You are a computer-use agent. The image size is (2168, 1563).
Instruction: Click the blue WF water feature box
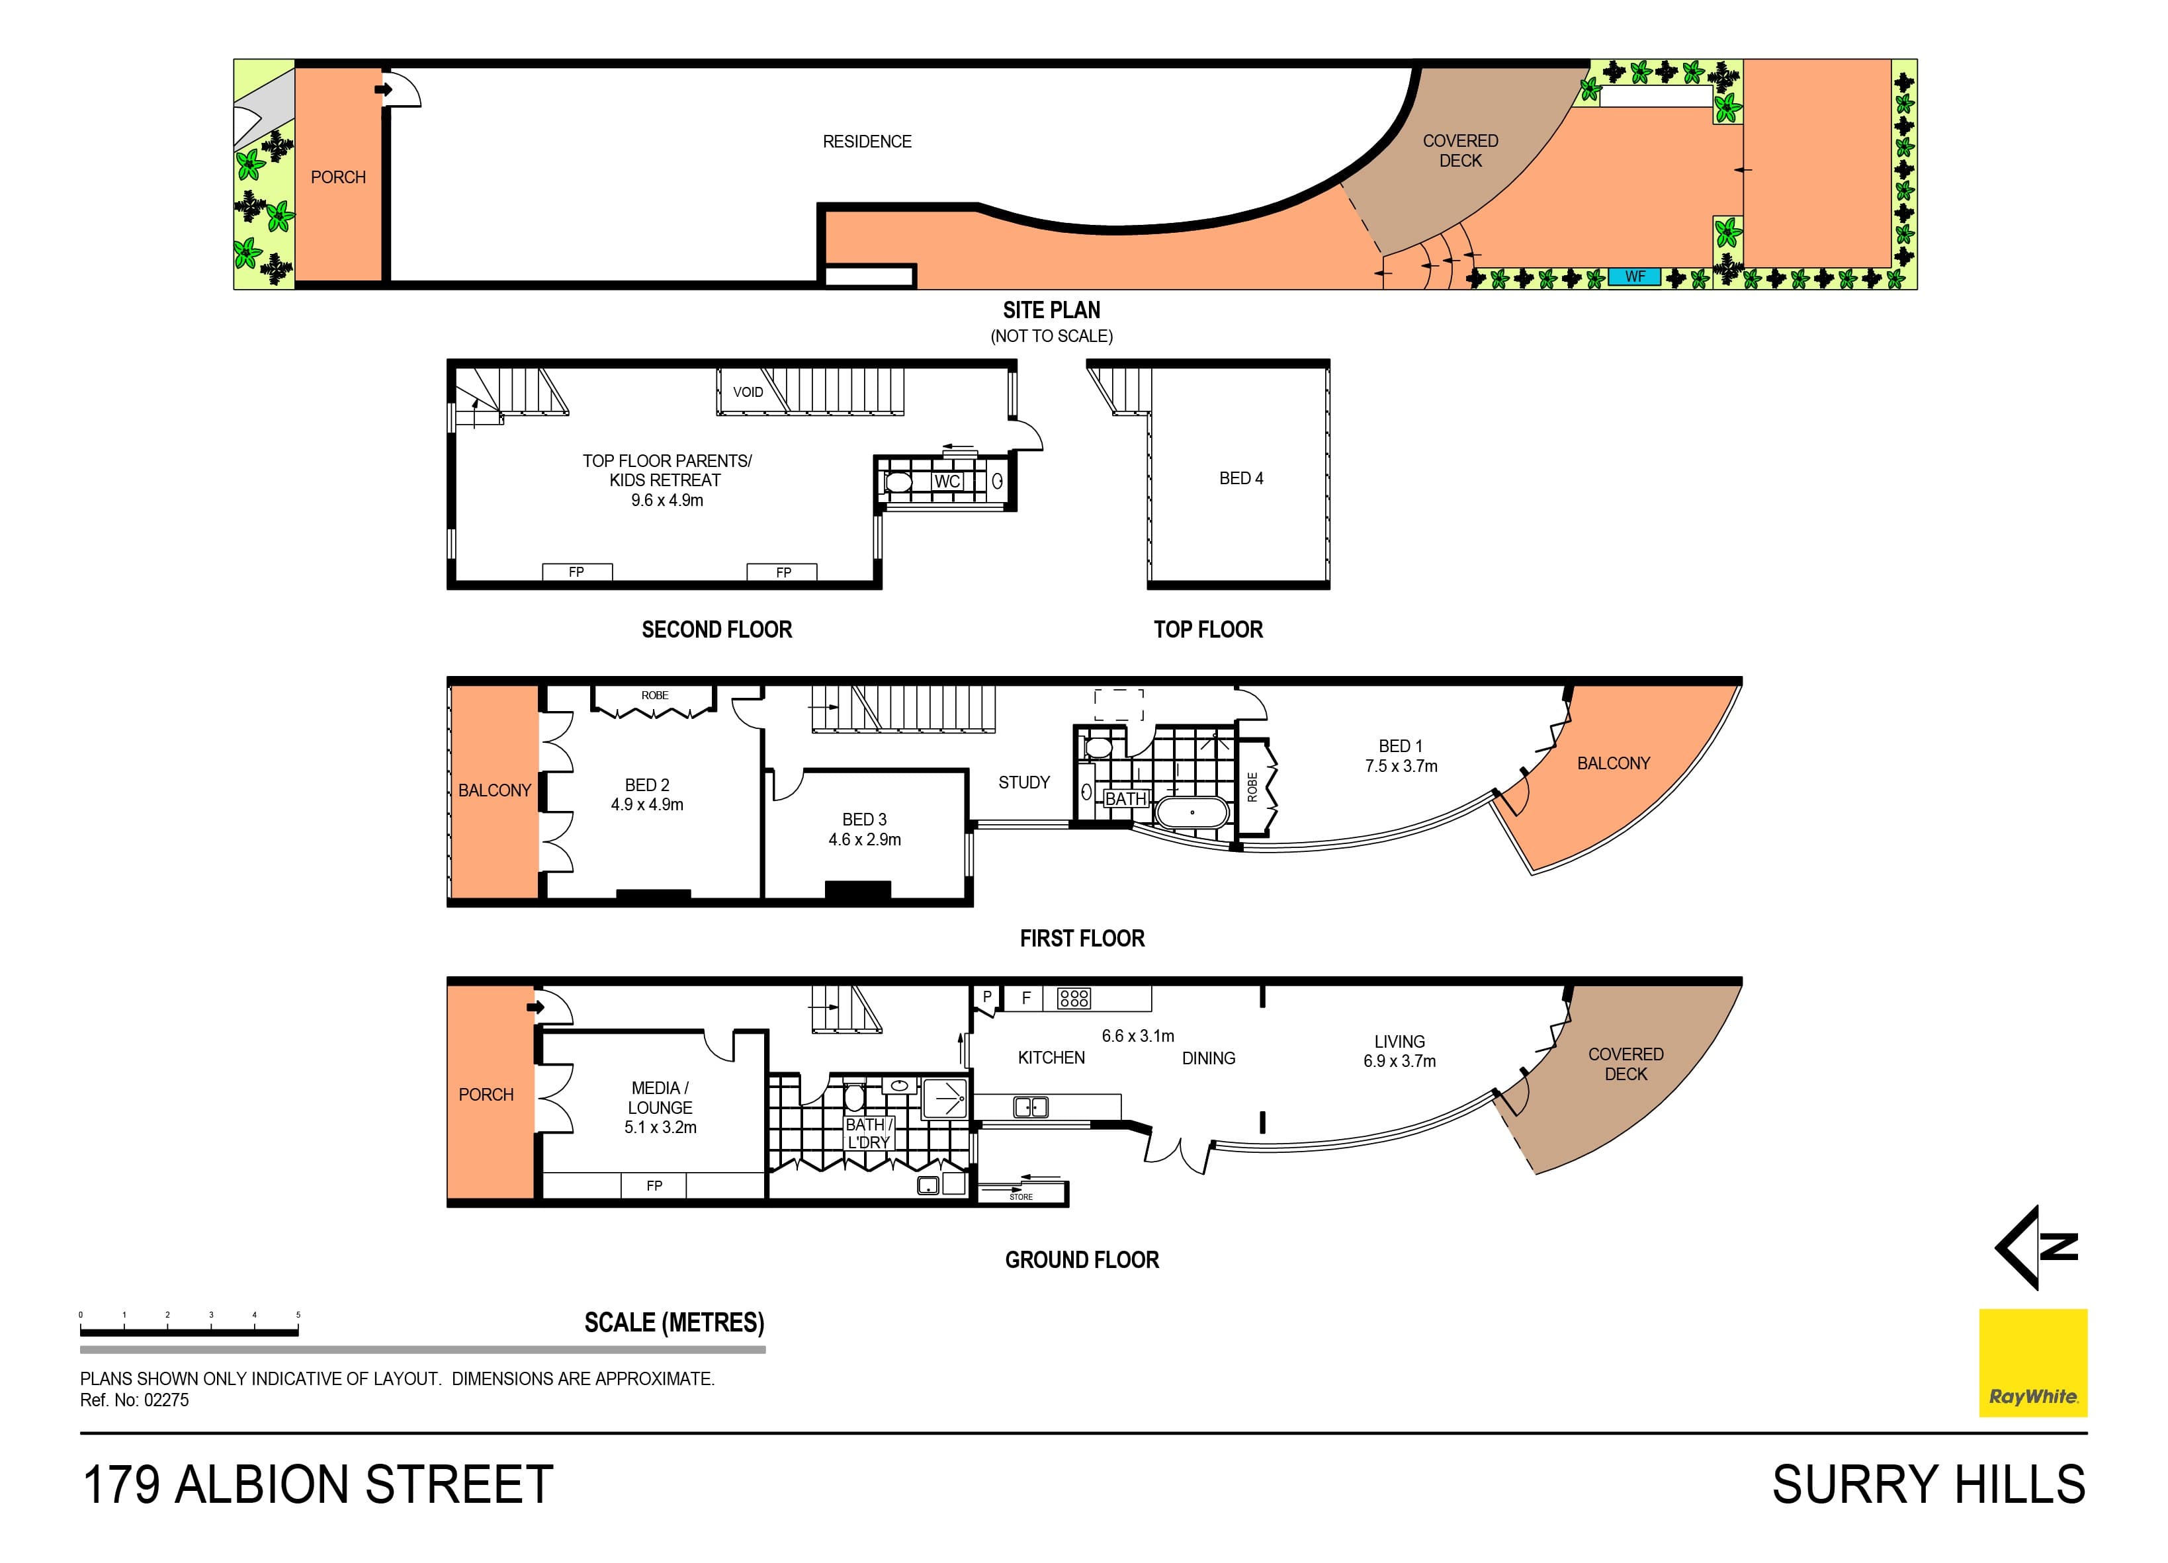(x=1635, y=277)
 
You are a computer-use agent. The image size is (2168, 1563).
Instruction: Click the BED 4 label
(x=1240, y=478)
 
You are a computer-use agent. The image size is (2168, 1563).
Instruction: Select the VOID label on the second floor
(x=748, y=392)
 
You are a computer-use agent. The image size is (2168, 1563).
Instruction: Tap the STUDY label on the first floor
(x=1023, y=783)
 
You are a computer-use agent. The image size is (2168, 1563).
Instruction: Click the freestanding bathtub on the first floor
(x=1191, y=812)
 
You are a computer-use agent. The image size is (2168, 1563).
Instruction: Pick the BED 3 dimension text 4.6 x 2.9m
(x=864, y=839)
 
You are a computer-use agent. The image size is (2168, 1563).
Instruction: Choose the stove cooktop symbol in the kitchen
(x=1074, y=999)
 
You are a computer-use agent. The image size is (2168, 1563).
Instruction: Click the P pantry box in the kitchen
(x=986, y=997)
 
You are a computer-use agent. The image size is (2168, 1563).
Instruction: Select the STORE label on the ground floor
(x=1021, y=1197)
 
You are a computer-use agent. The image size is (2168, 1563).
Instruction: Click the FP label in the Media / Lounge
(x=654, y=1185)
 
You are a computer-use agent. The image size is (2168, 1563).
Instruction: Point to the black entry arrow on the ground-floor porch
(x=535, y=1007)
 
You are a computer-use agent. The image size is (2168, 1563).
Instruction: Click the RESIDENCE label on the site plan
(x=867, y=142)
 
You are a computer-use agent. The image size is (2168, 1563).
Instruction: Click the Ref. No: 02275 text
(x=135, y=1400)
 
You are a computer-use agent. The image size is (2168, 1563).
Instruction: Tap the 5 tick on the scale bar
(x=298, y=1316)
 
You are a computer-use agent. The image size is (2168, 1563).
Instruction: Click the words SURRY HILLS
(x=1928, y=1484)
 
